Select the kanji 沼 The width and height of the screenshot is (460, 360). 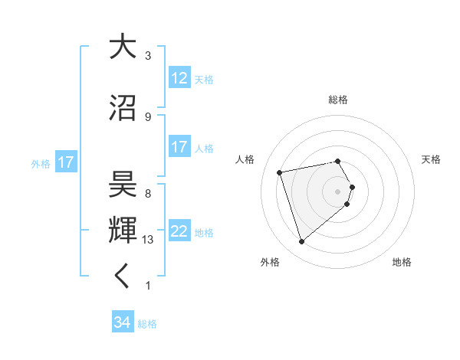[122, 107]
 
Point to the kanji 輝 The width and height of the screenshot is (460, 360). [122, 230]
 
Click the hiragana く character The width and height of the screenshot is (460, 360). [122, 276]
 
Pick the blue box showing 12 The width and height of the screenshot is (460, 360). [179, 78]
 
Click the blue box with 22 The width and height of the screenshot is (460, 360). [179, 231]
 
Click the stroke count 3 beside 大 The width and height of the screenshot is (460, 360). [148, 56]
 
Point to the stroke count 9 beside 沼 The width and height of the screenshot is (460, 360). [148, 116]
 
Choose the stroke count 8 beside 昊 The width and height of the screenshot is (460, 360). [148, 194]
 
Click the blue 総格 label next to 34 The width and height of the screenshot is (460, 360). [147, 324]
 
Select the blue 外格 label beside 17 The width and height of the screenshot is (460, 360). [41, 163]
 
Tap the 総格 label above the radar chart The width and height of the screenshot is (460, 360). [338, 100]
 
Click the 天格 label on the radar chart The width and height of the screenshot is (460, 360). [432, 159]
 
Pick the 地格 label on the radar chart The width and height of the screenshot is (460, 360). [402, 263]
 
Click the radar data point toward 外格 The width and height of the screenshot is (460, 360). [301, 242]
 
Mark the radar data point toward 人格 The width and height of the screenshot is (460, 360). [280, 172]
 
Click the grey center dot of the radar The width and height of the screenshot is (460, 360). [338, 191]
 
